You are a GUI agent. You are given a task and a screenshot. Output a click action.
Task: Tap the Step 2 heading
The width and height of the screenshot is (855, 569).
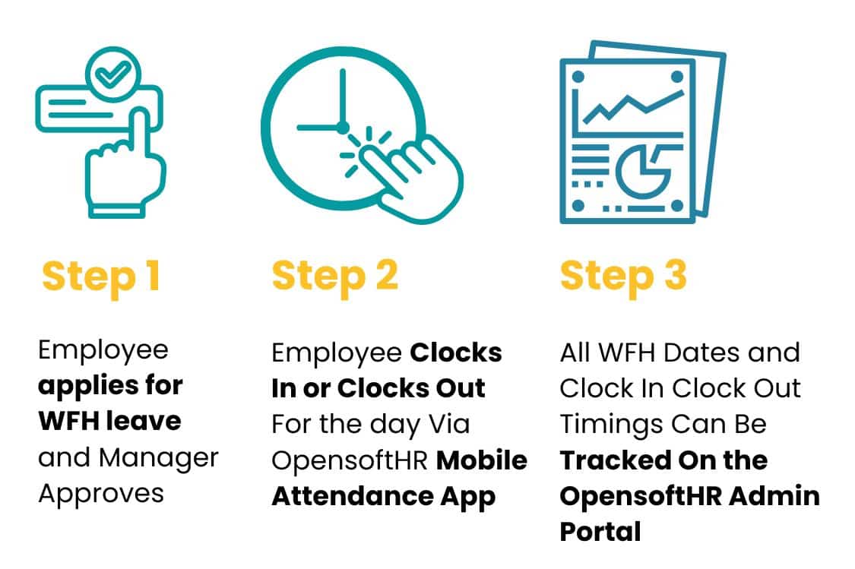point(334,277)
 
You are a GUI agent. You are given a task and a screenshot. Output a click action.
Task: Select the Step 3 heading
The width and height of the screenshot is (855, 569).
point(623,277)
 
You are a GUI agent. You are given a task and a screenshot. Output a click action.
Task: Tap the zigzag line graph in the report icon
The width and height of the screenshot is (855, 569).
point(631,107)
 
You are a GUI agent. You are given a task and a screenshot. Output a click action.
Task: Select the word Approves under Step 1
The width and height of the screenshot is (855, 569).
point(101,493)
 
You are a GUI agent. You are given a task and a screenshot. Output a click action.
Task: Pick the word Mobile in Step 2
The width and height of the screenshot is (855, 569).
point(483,460)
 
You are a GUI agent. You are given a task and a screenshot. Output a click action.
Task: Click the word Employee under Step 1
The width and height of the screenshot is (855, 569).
point(103,351)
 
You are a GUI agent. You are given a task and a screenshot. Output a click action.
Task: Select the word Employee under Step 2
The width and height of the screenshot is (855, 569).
point(337,353)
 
